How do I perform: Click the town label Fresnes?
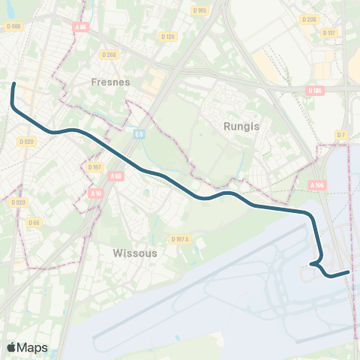[x=110, y=82]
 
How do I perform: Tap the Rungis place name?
[x=241, y=126]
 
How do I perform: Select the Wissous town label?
[x=135, y=253]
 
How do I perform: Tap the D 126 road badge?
[x=168, y=37]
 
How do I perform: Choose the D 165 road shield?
[x=199, y=10]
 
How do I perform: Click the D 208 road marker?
[x=308, y=19]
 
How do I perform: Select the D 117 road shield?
[x=329, y=33]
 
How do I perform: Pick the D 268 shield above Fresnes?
[x=109, y=54]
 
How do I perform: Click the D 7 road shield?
[x=341, y=134]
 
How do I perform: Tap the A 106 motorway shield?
[x=317, y=184]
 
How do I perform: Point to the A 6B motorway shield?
[x=115, y=176]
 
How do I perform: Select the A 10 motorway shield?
[x=95, y=193]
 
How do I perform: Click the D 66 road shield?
[x=34, y=222]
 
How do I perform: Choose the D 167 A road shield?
[x=181, y=239]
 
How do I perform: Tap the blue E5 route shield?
[x=139, y=133]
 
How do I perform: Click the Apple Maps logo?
[x=27, y=347]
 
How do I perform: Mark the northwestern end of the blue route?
[x=13, y=83]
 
